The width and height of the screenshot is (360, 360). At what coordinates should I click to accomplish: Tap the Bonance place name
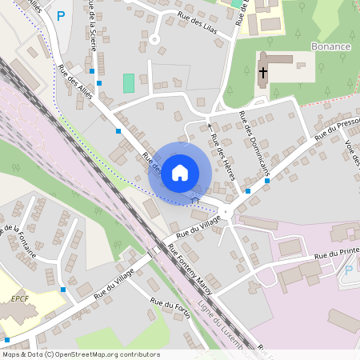point(332,46)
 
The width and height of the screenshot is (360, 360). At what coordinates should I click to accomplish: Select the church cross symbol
point(263,72)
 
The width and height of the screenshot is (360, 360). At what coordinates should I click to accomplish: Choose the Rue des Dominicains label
point(255,143)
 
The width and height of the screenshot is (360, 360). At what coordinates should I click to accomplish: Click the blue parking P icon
point(61,14)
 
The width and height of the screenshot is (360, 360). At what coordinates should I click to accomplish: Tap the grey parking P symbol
point(348,269)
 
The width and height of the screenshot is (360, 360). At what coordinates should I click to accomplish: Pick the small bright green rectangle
point(129,82)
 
